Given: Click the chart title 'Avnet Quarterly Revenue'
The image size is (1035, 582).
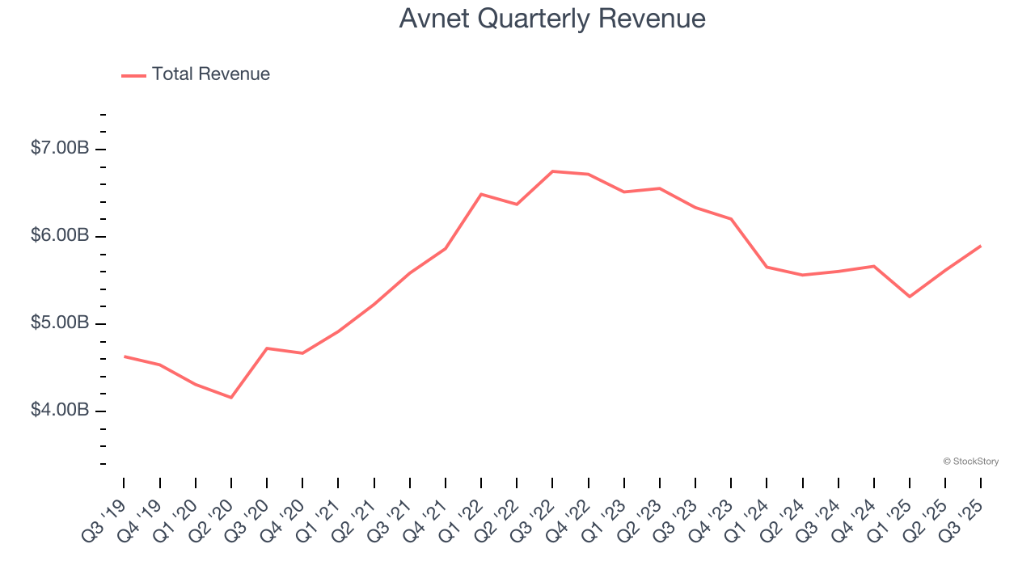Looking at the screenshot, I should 552,19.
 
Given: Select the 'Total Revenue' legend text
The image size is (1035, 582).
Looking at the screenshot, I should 210,74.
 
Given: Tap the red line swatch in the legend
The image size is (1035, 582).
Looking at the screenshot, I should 133,75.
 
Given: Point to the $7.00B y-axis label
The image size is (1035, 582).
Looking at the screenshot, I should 60,149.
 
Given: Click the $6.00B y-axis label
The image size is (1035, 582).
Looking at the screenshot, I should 60,236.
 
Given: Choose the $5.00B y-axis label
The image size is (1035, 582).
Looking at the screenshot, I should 60,323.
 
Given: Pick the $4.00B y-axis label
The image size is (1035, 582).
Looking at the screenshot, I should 60,411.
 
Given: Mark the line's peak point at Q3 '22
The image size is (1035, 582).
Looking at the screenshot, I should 552,171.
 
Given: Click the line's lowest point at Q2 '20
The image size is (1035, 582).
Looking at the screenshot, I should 231,398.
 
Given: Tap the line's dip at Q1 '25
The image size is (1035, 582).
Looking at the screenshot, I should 910,297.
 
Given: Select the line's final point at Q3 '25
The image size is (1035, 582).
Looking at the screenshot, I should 981,246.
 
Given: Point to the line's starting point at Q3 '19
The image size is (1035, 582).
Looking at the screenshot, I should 124,356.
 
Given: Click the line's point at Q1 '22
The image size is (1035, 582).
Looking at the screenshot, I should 481,194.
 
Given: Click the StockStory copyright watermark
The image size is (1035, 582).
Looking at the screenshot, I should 970,462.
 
